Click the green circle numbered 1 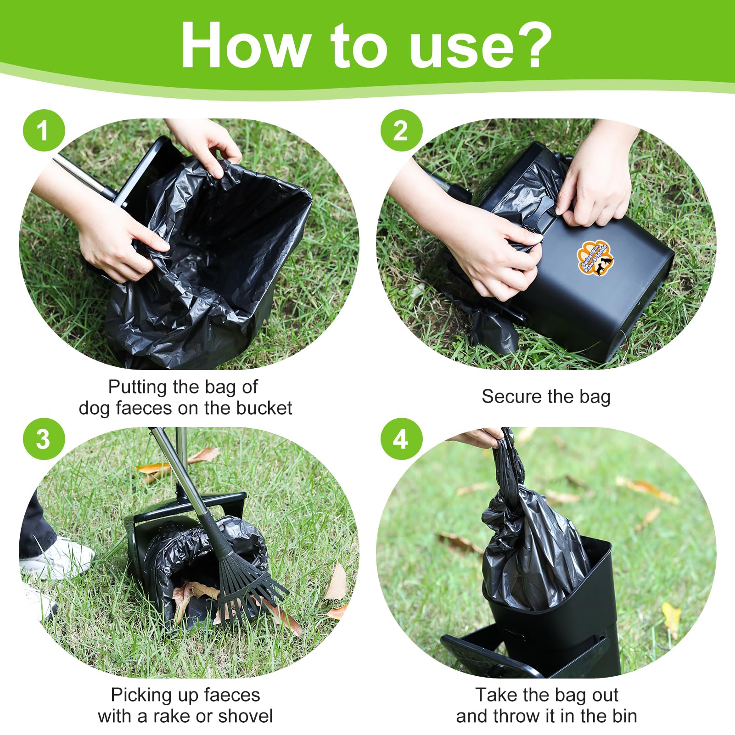(44, 130)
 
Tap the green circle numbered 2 (401, 130)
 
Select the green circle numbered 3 (44, 439)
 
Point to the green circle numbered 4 (401, 439)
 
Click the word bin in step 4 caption (624, 716)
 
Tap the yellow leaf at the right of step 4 (671, 615)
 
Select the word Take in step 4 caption (494, 695)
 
